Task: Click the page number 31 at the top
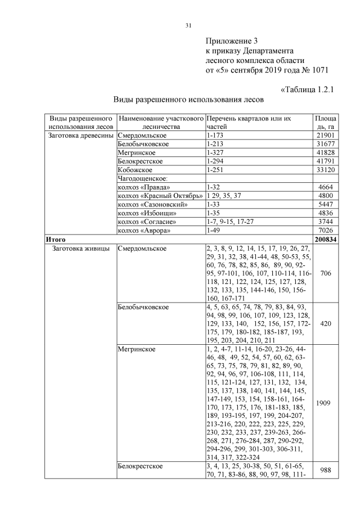(189, 25)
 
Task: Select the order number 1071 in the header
(318, 70)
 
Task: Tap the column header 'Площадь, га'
(326, 123)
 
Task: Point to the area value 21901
(326, 136)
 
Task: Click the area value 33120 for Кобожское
(326, 170)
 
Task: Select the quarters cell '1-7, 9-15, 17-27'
(230, 221)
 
